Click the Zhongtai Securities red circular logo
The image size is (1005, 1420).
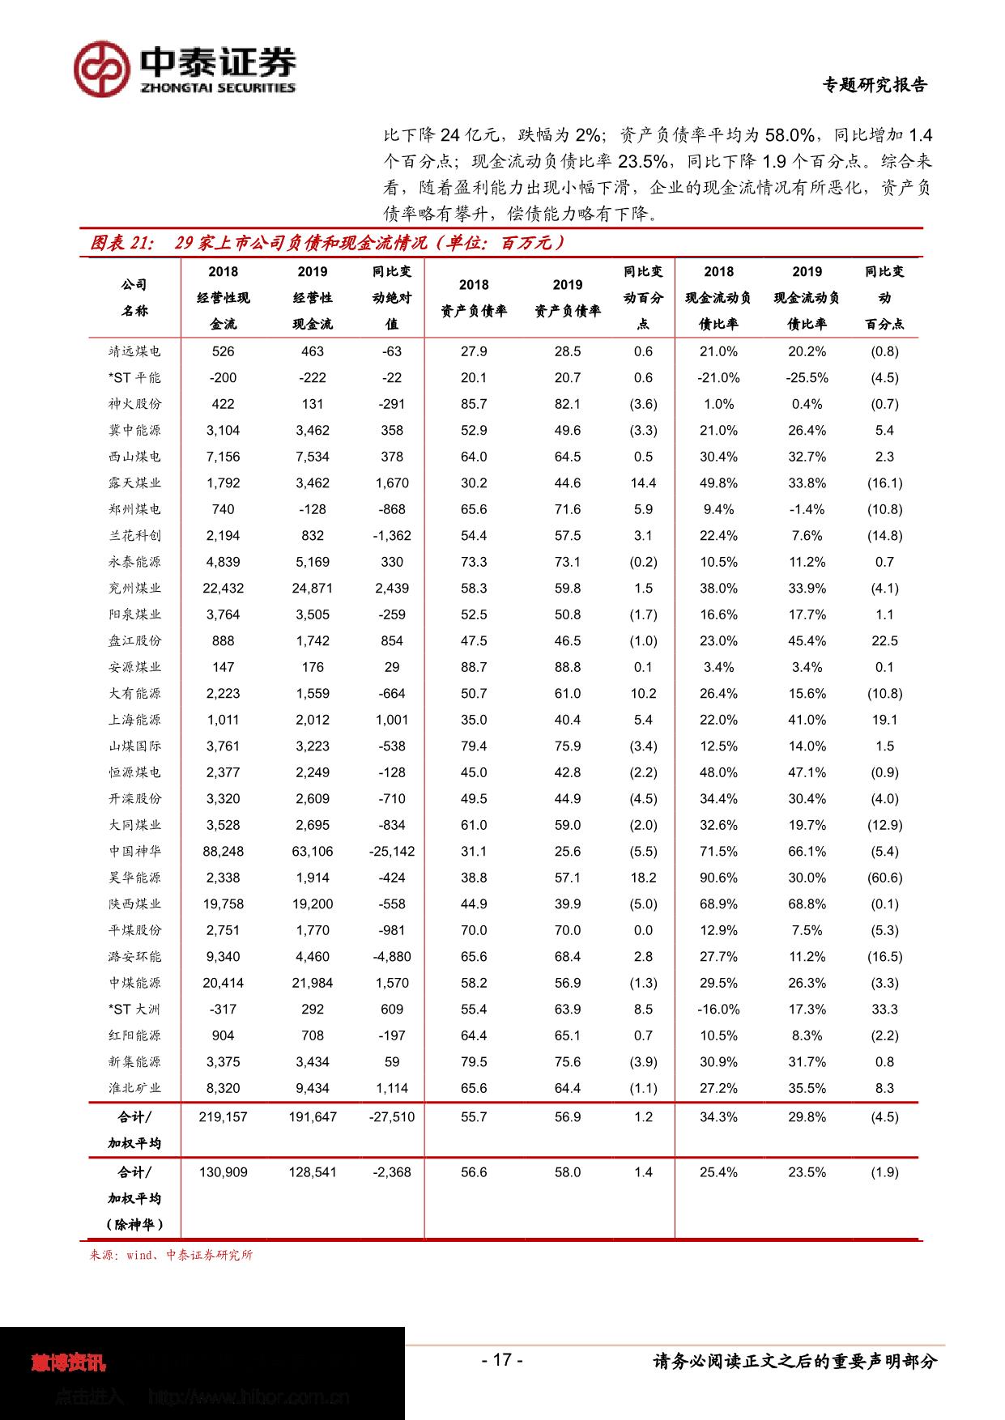[x=103, y=69]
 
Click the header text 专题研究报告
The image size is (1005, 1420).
[x=875, y=85]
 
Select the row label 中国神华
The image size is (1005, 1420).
[x=135, y=851]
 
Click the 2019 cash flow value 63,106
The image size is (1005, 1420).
[x=312, y=851]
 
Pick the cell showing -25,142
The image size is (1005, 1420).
[x=392, y=851]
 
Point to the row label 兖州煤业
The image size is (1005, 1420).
[x=135, y=588]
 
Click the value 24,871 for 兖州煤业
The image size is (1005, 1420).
[x=312, y=588]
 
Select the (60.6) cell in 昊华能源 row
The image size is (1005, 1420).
[x=884, y=878]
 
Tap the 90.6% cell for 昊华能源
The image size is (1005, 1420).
[x=718, y=878]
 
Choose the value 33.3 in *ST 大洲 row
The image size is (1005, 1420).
[x=884, y=1009]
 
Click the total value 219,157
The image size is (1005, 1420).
[x=223, y=1116]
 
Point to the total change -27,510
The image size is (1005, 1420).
[x=392, y=1116]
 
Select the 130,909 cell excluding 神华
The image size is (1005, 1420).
[x=223, y=1171]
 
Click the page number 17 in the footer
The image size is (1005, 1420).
[x=502, y=1359]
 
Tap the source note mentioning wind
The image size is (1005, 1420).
[x=171, y=1255]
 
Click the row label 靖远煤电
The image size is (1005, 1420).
[x=135, y=351]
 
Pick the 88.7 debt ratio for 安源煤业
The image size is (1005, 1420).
[x=474, y=667]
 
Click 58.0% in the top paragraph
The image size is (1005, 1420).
[x=789, y=134]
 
